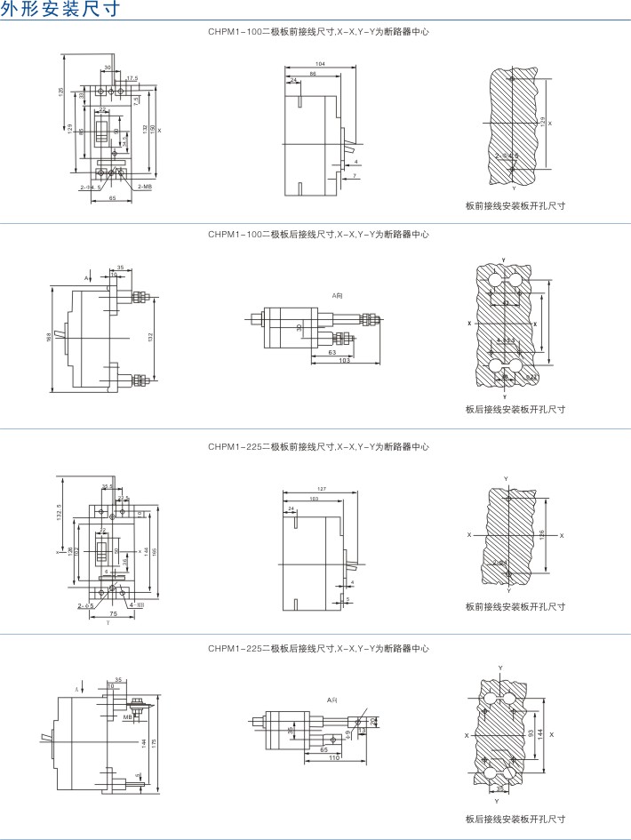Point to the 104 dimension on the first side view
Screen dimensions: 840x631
(x=320, y=65)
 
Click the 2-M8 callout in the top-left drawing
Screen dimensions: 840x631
(x=144, y=187)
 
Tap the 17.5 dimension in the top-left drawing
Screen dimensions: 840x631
(x=132, y=78)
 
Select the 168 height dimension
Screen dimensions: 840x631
(x=48, y=338)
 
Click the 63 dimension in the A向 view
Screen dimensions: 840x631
(x=331, y=353)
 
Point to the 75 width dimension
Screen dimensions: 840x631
(x=114, y=614)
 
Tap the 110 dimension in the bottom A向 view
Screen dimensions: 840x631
(x=335, y=756)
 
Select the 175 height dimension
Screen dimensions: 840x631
(x=156, y=742)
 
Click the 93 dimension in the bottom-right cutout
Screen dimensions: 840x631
(x=531, y=734)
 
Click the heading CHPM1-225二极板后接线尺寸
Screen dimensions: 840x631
(x=318, y=650)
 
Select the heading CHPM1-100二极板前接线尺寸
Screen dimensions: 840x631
(x=318, y=32)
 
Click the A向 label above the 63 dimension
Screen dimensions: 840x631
(x=338, y=294)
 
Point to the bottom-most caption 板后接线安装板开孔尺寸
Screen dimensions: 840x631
(x=515, y=819)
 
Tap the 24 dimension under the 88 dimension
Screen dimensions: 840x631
(x=293, y=80)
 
